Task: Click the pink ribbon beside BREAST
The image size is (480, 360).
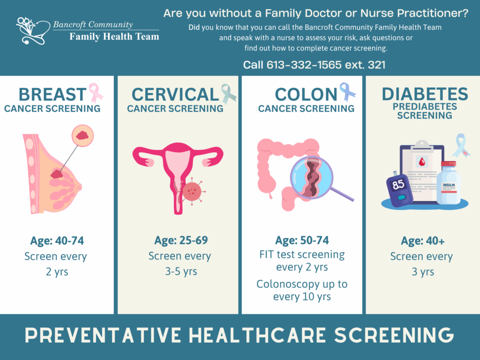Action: tap(96, 93)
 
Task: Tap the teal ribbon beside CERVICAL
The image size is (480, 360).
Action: tap(228, 94)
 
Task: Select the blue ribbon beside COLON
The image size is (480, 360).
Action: tap(347, 91)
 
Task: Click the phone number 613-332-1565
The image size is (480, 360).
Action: tap(304, 65)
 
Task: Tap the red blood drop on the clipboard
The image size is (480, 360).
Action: tap(422, 161)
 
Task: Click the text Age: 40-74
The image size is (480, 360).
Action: tap(57, 241)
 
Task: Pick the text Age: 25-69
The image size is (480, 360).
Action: tap(181, 240)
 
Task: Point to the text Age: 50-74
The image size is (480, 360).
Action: tap(302, 240)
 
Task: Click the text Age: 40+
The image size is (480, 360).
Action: tap(423, 241)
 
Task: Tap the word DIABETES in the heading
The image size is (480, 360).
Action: tap(425, 94)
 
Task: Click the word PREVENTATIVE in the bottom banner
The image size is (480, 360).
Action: tap(103, 335)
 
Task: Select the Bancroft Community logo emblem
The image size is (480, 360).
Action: tap(33, 30)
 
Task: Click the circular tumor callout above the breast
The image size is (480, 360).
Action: tap(82, 135)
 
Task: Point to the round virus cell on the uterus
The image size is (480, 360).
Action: tap(192, 191)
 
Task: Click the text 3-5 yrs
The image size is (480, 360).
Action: tap(181, 271)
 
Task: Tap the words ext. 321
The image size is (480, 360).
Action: tap(365, 65)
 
